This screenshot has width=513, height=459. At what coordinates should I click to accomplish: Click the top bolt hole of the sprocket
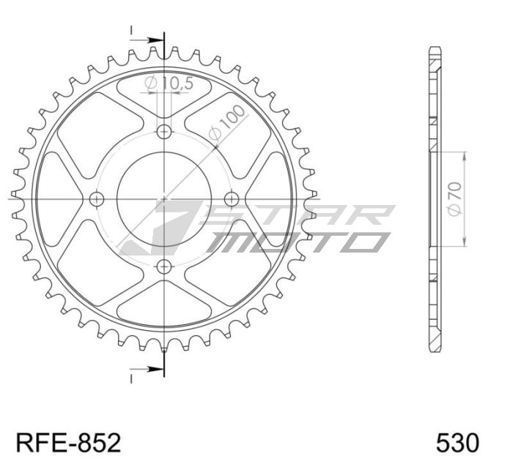(x=164, y=132)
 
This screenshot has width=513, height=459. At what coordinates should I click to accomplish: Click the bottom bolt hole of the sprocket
(x=164, y=266)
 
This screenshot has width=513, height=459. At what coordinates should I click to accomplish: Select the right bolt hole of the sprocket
(x=232, y=198)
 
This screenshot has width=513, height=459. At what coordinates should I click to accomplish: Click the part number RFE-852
(x=67, y=442)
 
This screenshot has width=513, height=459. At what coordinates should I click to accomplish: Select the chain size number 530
(x=457, y=442)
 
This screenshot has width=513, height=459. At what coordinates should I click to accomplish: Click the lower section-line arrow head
(x=155, y=368)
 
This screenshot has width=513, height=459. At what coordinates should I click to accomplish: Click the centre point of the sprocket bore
(x=164, y=198)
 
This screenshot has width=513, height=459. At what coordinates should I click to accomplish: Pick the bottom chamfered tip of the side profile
(x=435, y=348)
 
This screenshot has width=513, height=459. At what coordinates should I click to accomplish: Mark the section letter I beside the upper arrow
(x=132, y=31)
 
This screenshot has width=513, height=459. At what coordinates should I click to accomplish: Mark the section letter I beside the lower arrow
(x=132, y=378)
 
